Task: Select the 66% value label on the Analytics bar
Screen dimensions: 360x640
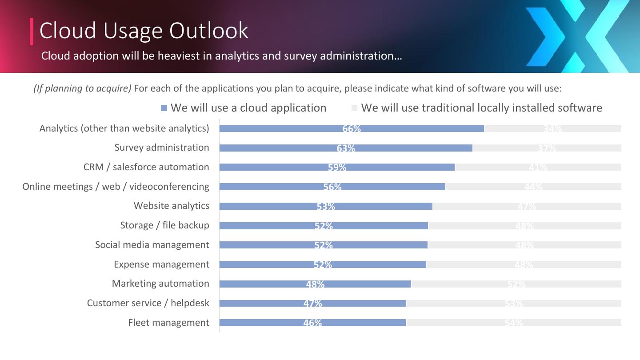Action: [352, 129]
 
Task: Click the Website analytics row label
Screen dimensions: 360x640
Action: [171, 206]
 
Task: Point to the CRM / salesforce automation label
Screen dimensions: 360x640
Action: [146, 167]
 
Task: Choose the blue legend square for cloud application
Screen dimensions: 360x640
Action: [164, 108]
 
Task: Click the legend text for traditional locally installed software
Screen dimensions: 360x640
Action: [482, 108]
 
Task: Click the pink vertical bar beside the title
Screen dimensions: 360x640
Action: [32, 31]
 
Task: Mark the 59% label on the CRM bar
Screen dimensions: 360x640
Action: [337, 168]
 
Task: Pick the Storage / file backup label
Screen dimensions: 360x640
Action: [164, 225]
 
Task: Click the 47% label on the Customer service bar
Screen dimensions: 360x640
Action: [312, 304]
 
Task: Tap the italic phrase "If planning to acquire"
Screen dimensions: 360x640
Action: [83, 88]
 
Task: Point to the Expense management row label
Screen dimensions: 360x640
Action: [161, 264]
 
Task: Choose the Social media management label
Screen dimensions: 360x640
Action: [152, 245]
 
